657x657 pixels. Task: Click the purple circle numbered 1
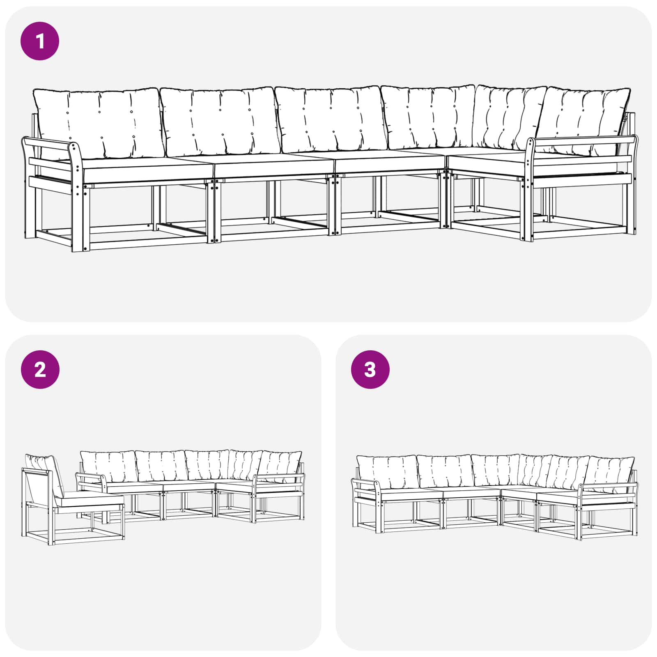40,41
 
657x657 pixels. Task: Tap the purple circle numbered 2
40,369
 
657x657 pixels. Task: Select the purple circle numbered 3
370,369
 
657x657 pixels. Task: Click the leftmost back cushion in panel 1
97,123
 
